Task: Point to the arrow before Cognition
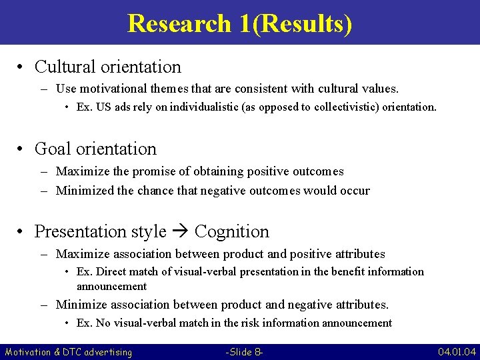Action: (x=180, y=232)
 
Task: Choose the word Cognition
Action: (x=232, y=232)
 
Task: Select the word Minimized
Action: (x=85, y=191)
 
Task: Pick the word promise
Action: (x=157, y=171)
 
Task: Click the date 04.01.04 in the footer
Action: (x=457, y=351)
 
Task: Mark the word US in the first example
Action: (x=101, y=107)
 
